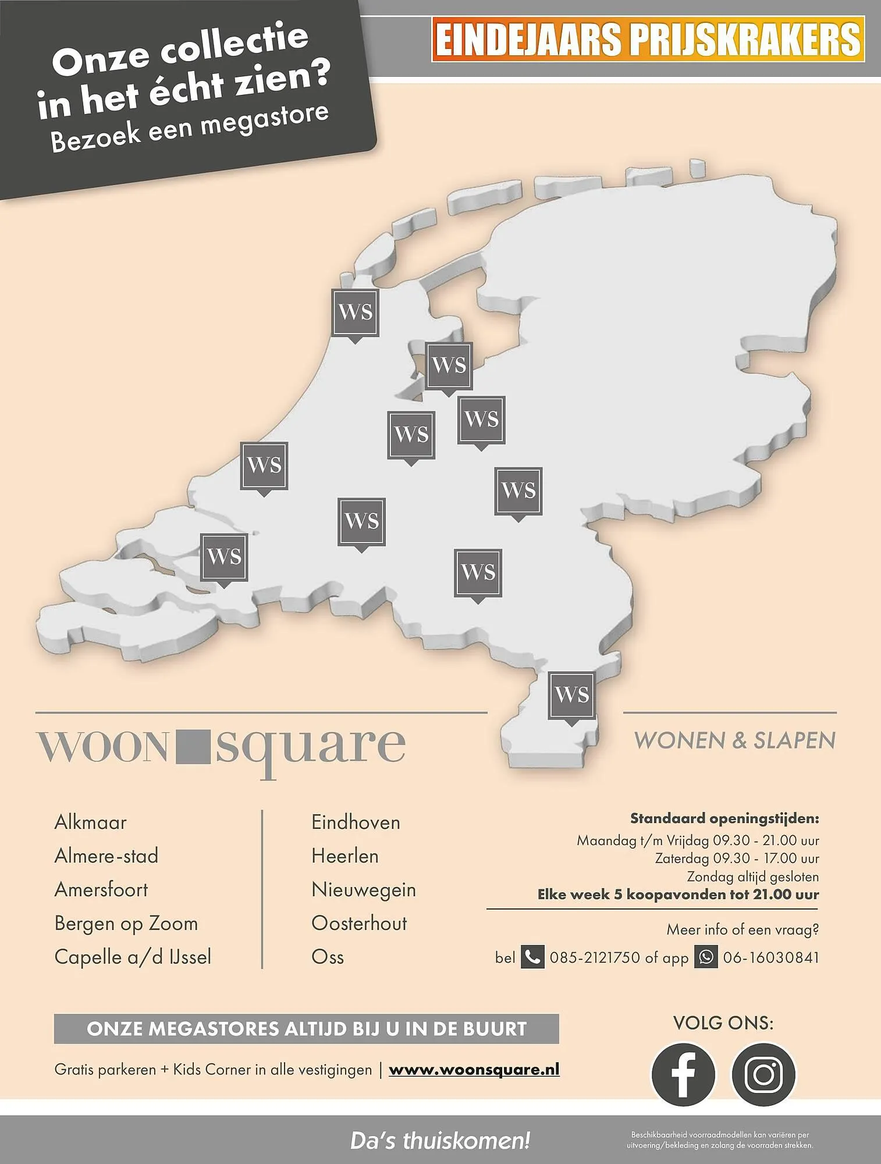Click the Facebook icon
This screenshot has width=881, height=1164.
[683, 1074]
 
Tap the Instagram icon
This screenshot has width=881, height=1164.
[763, 1074]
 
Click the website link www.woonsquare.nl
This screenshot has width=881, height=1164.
[474, 1070]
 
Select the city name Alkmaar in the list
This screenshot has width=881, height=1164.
[90, 822]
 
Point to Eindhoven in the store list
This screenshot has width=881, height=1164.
[356, 822]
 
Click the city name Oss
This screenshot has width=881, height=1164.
[328, 957]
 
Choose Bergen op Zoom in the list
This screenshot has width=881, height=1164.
[126, 924]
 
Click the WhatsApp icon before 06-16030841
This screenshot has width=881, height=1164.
[706, 957]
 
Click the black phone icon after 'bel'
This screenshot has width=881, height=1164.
[532, 957]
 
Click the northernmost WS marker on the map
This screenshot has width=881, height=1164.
[355, 313]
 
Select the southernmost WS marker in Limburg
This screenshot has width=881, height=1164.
[571, 695]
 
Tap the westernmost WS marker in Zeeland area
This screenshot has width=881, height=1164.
[224, 557]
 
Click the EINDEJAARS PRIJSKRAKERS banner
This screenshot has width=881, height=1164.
[648, 39]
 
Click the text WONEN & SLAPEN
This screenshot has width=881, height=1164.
[734, 741]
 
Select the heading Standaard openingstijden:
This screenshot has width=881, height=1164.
[724, 819]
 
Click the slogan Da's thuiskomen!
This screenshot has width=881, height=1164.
[440, 1141]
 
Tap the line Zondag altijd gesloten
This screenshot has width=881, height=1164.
[752, 876]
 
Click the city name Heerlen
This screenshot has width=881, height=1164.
[345, 856]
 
